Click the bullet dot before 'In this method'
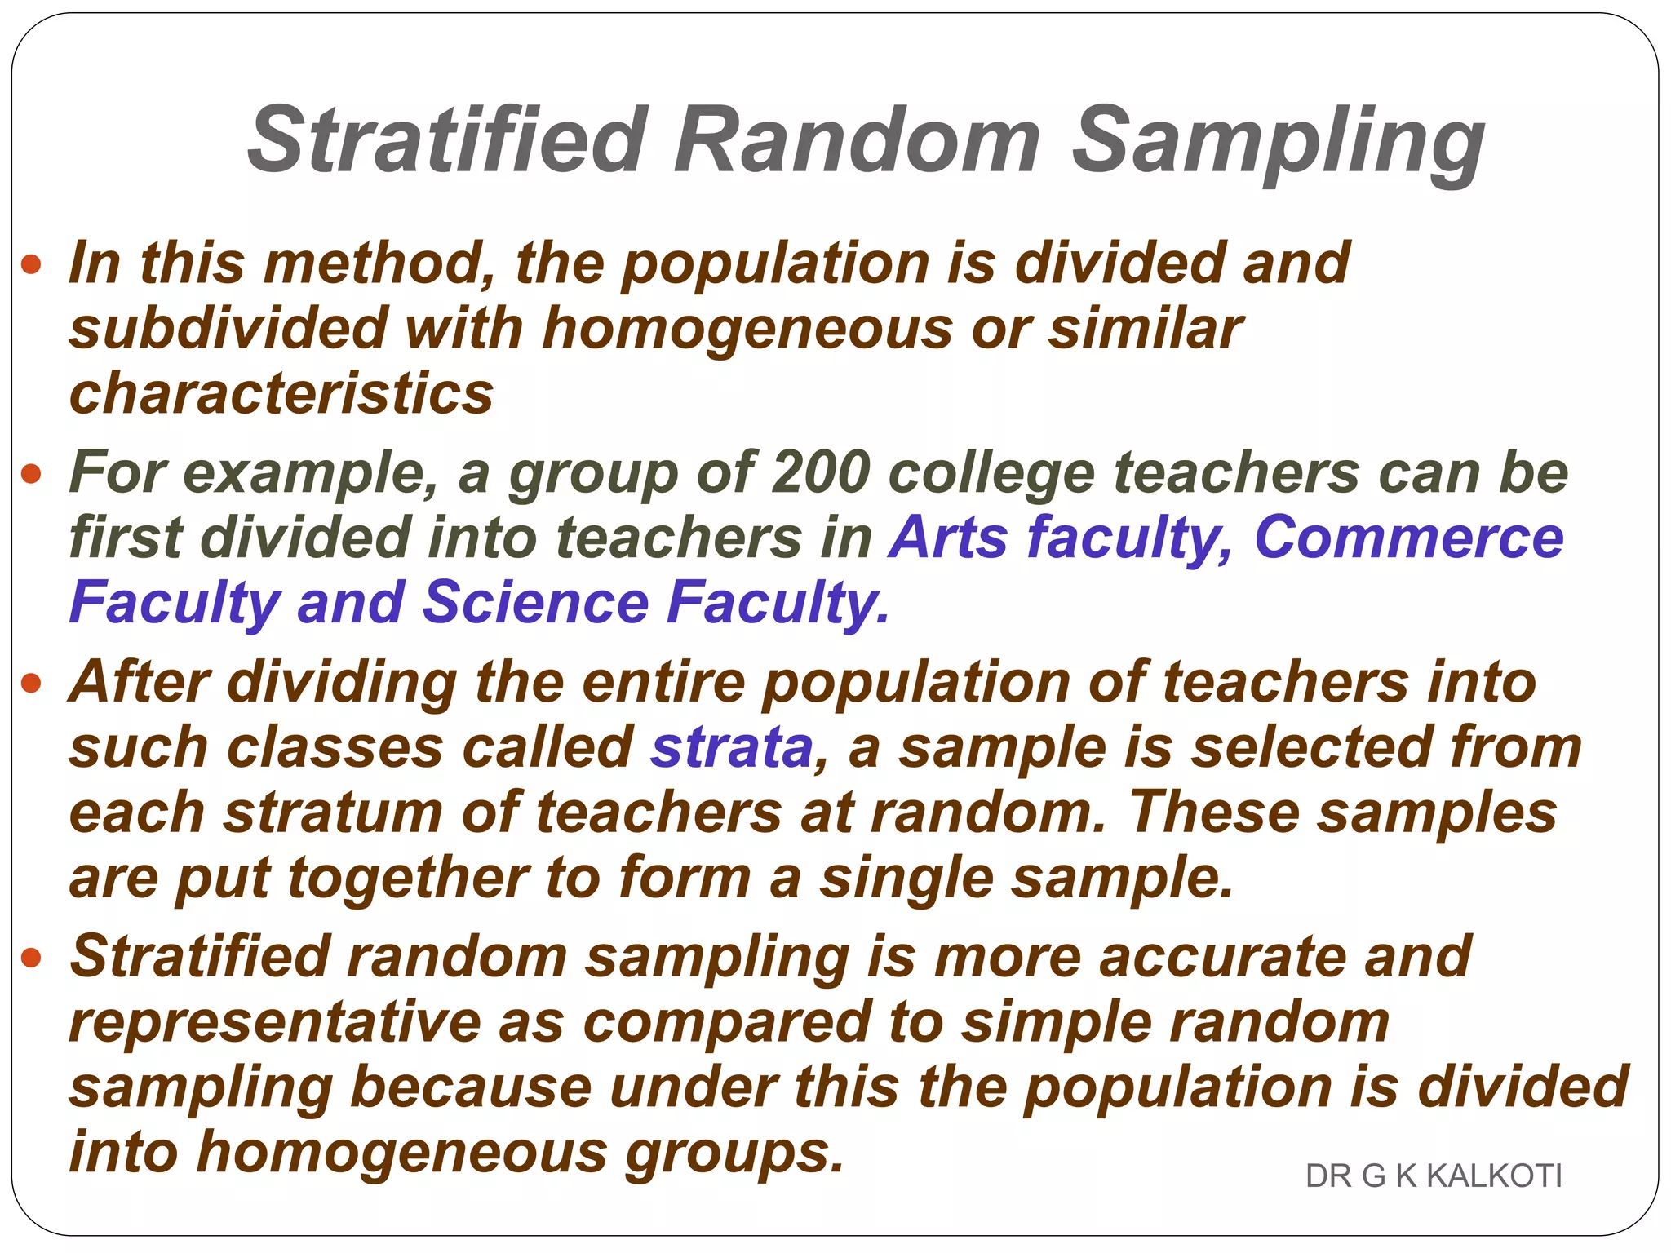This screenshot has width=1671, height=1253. [31, 264]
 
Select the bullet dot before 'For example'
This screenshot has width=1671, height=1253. [31, 473]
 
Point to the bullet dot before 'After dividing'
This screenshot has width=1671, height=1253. [31, 683]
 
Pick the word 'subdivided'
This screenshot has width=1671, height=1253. [228, 329]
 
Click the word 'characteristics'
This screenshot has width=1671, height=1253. [281, 393]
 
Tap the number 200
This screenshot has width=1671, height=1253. [820, 473]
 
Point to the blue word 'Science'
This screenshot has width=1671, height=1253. [535, 603]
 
